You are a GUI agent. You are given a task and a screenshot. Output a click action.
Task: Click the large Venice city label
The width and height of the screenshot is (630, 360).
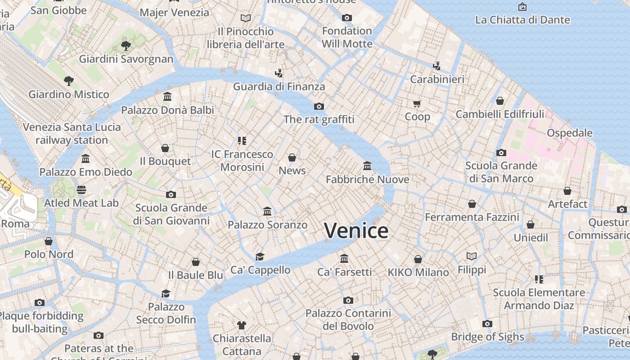[356, 231]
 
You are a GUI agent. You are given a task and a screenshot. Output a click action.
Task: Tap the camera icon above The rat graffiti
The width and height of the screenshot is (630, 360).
[319, 106]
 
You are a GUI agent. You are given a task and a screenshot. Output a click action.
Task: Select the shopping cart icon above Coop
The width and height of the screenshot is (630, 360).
[417, 104]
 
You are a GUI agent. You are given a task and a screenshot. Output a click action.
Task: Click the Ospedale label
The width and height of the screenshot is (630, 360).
[569, 133]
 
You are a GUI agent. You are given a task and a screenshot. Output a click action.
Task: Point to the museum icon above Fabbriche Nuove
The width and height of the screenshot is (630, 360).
[367, 166]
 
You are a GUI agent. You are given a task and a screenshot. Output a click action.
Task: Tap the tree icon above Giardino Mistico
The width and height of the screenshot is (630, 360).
[69, 81]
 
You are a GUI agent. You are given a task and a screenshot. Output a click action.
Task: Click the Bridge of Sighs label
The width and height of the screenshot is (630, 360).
[487, 337]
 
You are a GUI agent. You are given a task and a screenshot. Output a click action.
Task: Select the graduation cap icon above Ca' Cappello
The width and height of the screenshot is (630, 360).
[260, 256]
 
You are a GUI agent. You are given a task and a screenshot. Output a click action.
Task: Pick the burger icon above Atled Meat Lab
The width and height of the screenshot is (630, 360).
[81, 189]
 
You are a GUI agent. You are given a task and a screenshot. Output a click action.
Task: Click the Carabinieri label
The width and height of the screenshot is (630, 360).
[437, 79]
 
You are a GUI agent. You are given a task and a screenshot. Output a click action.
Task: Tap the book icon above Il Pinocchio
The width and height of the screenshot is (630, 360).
[246, 18]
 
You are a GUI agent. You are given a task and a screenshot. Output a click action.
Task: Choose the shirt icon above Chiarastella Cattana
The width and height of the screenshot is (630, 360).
[242, 325]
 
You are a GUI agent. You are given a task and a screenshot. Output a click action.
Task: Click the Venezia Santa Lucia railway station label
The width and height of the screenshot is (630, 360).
[72, 134]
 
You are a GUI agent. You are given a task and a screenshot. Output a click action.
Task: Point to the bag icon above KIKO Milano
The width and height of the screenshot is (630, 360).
[418, 259]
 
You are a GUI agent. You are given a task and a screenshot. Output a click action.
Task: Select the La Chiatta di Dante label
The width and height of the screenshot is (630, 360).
[522, 20]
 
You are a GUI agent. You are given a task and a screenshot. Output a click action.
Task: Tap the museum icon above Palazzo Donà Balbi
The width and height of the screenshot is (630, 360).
[167, 97]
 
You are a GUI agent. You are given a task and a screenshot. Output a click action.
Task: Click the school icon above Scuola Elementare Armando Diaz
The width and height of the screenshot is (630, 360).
[539, 279]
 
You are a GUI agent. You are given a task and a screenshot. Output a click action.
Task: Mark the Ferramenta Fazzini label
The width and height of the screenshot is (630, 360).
[472, 217]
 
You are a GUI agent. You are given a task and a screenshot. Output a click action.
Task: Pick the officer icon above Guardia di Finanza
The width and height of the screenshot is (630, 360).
[279, 73]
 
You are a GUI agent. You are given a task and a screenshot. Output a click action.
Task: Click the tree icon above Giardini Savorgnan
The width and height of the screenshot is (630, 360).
[126, 45]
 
